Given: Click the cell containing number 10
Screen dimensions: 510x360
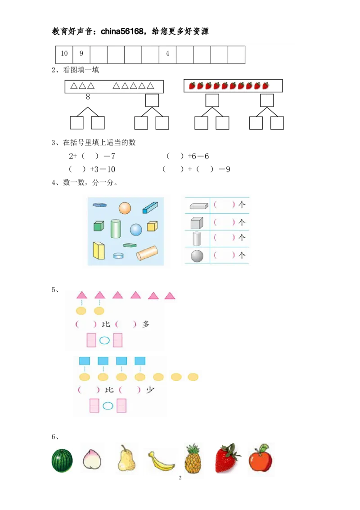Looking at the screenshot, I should [64, 54].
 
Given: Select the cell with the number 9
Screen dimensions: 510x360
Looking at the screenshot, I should [81, 54].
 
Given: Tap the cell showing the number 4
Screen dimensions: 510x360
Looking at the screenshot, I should [167, 54].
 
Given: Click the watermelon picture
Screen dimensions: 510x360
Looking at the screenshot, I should [62, 460].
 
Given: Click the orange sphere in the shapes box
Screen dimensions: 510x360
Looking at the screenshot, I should [125, 208].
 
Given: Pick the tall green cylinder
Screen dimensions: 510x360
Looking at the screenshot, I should [116, 229].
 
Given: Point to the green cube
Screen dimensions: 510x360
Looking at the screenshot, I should [99, 226].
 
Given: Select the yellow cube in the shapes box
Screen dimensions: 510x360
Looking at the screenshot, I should [152, 226].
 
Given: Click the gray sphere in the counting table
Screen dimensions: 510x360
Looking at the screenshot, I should [197, 256].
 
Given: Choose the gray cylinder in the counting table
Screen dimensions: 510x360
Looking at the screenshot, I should [197, 238].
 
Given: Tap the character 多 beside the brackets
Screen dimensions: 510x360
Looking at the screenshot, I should [145, 324].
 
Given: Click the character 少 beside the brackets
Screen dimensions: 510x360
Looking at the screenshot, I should [150, 390].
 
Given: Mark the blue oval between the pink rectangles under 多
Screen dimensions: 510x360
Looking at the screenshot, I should [104, 341].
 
